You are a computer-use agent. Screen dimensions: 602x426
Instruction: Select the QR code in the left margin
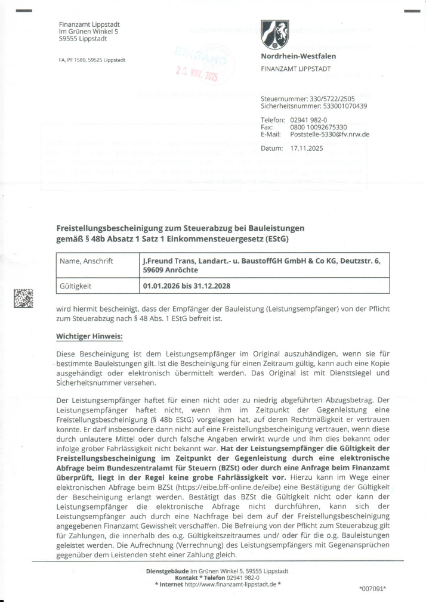click(x=23, y=297)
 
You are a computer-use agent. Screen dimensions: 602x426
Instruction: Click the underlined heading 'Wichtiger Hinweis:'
click(x=89, y=337)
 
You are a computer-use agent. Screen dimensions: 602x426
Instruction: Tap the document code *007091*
click(x=373, y=589)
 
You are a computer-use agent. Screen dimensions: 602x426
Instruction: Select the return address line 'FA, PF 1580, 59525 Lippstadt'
click(x=91, y=60)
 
